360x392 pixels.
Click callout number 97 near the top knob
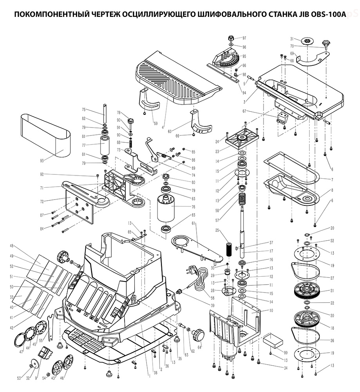244,38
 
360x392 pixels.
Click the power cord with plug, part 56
200,281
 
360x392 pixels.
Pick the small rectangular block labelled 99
272,339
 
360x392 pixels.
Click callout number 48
11,246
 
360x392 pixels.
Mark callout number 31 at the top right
291,39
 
